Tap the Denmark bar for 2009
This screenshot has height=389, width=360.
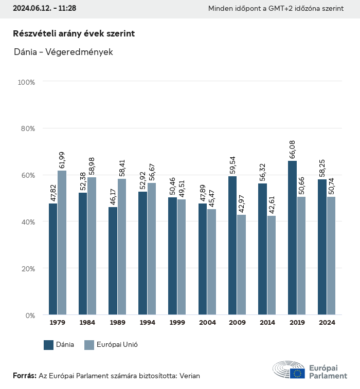[x=232, y=245]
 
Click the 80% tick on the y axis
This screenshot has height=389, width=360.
[x=27, y=128]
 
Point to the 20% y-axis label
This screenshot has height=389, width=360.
[x=27, y=268]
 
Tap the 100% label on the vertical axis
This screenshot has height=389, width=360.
[x=26, y=82]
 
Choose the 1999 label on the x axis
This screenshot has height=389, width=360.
[x=177, y=323]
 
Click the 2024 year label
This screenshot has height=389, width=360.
[x=327, y=323]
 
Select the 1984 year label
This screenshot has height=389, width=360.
[x=87, y=323]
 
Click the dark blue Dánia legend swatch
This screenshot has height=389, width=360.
[x=49, y=345]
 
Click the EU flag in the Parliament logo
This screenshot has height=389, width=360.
[x=297, y=374]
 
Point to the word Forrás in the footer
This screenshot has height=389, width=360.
[x=24, y=376]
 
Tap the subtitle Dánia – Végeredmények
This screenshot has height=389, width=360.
[x=64, y=52]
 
